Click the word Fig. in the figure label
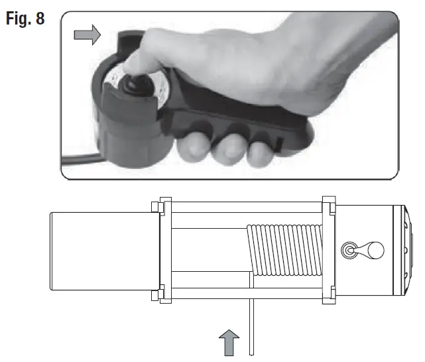(x=20, y=18)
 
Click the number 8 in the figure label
(x=40, y=18)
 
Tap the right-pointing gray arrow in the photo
(x=86, y=34)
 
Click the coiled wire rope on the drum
(x=285, y=249)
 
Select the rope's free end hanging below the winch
(x=250, y=325)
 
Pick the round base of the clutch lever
(x=349, y=251)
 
